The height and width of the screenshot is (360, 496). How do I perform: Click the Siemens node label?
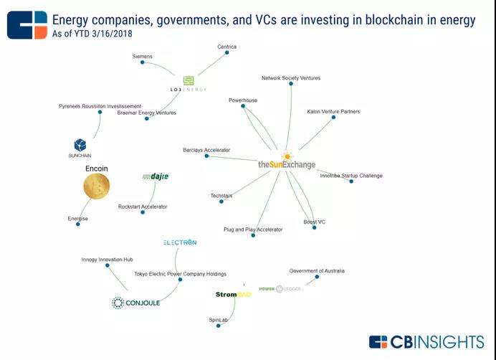click(x=142, y=56)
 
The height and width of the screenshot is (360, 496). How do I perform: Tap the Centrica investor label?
click(x=226, y=47)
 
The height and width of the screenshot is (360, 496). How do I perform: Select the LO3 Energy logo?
click(x=188, y=84)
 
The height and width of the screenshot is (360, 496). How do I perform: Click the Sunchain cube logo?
click(x=80, y=146)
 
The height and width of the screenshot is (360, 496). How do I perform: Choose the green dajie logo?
click(x=155, y=176)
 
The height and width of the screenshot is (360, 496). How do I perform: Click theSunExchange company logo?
click(x=287, y=164)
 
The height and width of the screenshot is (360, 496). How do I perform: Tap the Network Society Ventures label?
click(x=291, y=78)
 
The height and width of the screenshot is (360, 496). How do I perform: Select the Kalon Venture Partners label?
click(x=333, y=112)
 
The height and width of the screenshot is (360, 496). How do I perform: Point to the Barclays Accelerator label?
click(x=206, y=151)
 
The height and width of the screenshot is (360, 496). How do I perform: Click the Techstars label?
click(x=221, y=196)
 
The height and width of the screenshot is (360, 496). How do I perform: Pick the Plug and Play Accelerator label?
click(x=253, y=230)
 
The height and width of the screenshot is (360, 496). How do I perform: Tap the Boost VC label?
click(x=314, y=222)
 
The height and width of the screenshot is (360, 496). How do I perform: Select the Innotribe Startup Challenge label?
click(x=351, y=176)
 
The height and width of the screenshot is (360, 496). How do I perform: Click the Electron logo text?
click(x=179, y=242)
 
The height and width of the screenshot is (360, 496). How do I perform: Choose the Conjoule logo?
click(x=136, y=303)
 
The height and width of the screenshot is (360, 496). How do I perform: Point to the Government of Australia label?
click(x=317, y=271)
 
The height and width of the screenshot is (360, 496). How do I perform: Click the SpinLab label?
click(x=218, y=318)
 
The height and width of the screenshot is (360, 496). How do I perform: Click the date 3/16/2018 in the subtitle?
click(x=113, y=34)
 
